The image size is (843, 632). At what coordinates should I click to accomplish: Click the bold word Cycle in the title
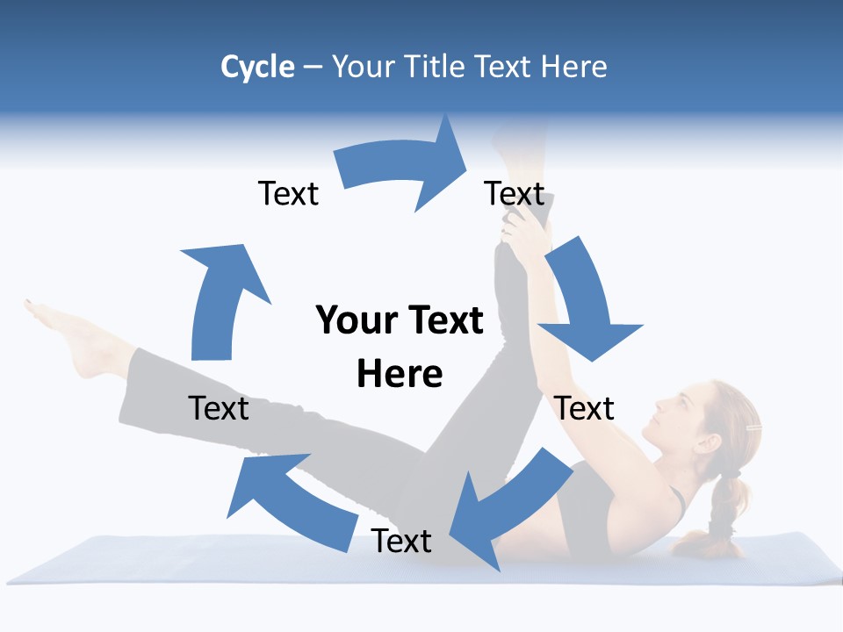point(257,67)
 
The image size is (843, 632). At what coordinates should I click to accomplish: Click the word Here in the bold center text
point(400,374)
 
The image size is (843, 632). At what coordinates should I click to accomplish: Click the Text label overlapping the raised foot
point(515,193)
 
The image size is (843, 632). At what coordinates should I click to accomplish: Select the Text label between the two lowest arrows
point(401,541)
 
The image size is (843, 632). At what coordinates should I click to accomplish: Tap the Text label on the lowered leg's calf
point(219,408)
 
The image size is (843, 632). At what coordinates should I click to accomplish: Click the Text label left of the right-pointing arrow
point(288,193)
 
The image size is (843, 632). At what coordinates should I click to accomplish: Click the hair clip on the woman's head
point(752,427)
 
